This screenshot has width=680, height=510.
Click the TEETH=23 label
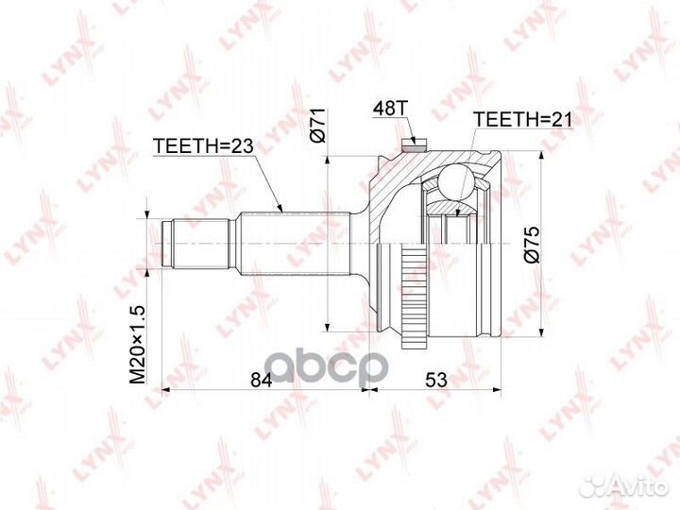coord(203,146)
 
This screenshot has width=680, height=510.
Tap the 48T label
coord(390,108)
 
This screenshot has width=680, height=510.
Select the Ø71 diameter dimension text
coord(319,126)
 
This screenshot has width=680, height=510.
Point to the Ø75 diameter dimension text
coord(532,245)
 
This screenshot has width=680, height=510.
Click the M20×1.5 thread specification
coord(138,345)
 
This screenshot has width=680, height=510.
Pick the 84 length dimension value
coord(262,380)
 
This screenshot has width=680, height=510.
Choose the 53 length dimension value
coord(435,380)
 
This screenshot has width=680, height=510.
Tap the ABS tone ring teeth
coord(415,298)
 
